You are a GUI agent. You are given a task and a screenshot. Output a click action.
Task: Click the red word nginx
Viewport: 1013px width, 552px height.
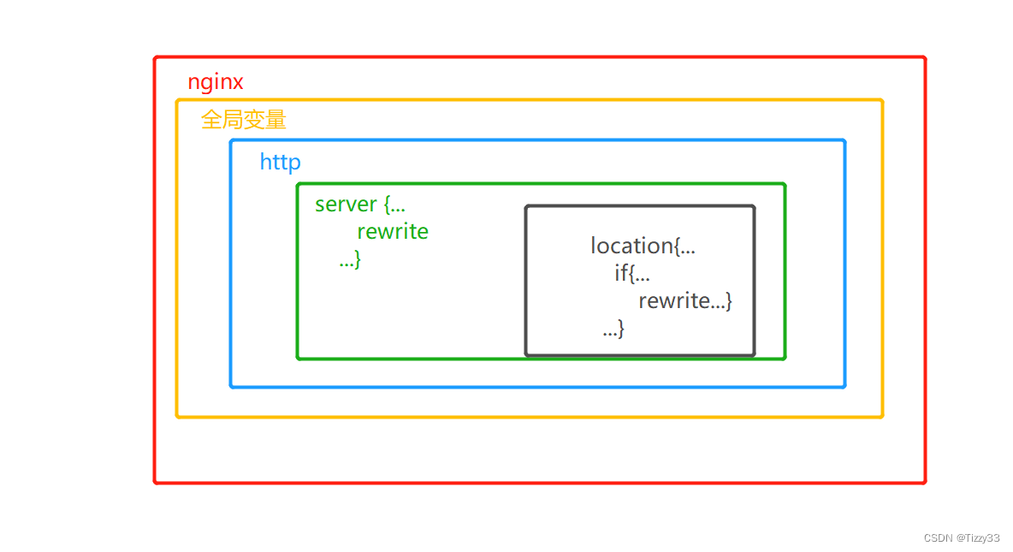(216, 82)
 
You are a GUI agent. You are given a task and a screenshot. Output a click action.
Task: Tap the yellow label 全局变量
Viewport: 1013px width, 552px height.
(243, 120)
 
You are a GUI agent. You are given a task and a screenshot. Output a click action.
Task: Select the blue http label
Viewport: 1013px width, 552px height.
(280, 162)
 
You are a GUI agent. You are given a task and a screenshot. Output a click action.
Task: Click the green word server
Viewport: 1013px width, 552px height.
(346, 205)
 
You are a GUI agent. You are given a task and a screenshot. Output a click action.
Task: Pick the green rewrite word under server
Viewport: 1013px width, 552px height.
(393, 231)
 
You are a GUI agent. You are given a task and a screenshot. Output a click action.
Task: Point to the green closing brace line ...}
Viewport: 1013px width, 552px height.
(350, 259)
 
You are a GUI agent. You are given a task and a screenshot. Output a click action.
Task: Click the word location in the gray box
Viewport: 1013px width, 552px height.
(631, 246)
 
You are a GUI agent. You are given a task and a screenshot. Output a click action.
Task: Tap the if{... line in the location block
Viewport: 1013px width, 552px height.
(632, 274)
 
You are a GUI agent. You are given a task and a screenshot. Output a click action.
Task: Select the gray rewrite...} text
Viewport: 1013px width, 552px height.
(684, 300)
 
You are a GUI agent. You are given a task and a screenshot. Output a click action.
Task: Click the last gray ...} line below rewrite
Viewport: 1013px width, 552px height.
(613, 328)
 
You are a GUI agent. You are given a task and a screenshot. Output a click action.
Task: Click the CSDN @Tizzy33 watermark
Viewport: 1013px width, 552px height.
(962, 537)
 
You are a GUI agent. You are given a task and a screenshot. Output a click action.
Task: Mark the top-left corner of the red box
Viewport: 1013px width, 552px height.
(155, 57)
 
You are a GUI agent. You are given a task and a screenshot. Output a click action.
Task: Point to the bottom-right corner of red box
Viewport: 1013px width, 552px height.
(925, 483)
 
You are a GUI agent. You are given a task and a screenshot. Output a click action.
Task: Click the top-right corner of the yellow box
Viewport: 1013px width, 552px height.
(882, 100)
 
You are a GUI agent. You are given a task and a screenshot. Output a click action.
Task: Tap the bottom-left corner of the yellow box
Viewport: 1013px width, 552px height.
(177, 417)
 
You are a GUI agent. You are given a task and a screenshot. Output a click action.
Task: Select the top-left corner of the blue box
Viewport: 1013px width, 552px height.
(231, 140)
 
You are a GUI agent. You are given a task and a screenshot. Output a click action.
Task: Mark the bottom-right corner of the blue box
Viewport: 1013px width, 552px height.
(844, 387)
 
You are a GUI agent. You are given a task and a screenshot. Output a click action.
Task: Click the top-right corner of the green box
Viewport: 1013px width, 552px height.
(785, 183)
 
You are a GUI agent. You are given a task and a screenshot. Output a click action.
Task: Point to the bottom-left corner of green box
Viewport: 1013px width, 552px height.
(298, 359)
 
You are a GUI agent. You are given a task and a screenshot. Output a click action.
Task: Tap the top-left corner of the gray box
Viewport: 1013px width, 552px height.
(526, 206)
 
